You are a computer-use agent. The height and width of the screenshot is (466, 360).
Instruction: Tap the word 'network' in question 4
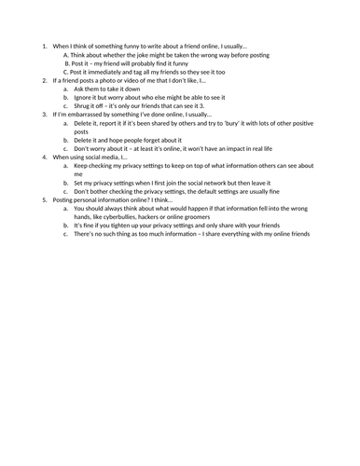237,182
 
